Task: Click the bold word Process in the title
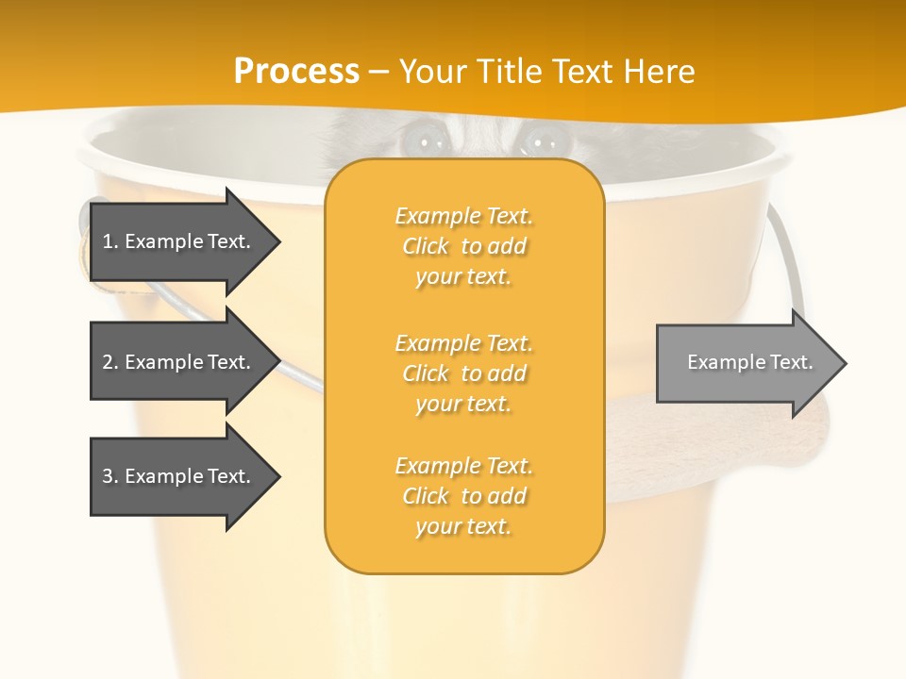pos(296,72)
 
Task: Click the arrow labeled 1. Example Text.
pos(179,241)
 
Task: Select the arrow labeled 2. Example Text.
pos(179,362)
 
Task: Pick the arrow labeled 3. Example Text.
pos(179,476)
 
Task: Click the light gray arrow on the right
pos(746,363)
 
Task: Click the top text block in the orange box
pos(463,246)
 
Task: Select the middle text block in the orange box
pos(463,373)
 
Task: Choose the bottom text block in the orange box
pos(463,496)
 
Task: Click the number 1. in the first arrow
pos(109,241)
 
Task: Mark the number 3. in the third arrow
pos(109,476)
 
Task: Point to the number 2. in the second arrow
pos(109,362)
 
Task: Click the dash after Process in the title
pos(379,72)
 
